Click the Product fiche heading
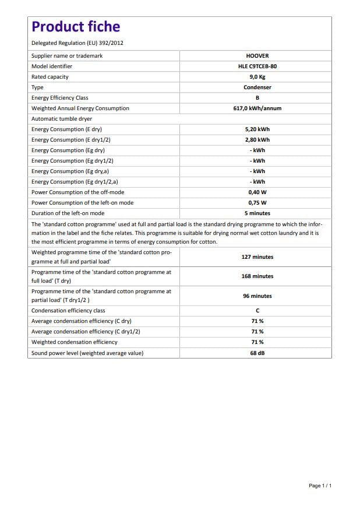click(x=76, y=27)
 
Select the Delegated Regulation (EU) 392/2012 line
click(x=77, y=43)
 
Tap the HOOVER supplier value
click(x=257, y=56)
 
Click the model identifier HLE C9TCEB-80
click(x=257, y=66)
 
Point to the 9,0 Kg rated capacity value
click(x=257, y=77)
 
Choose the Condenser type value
click(x=257, y=87)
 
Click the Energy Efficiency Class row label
click(x=60, y=98)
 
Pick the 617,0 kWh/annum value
click(x=257, y=108)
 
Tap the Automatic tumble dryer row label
click(x=62, y=119)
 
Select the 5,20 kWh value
click(x=257, y=129)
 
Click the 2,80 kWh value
click(x=257, y=140)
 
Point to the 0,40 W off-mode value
click(x=257, y=192)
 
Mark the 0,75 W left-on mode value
click(x=257, y=203)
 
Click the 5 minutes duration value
click(x=257, y=213)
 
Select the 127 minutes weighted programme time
click(x=257, y=257)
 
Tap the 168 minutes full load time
click(x=257, y=276)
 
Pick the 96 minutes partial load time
click(x=257, y=296)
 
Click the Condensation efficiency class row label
click(x=68, y=311)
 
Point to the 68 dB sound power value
click(x=257, y=353)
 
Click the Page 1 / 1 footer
click(x=320, y=486)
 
